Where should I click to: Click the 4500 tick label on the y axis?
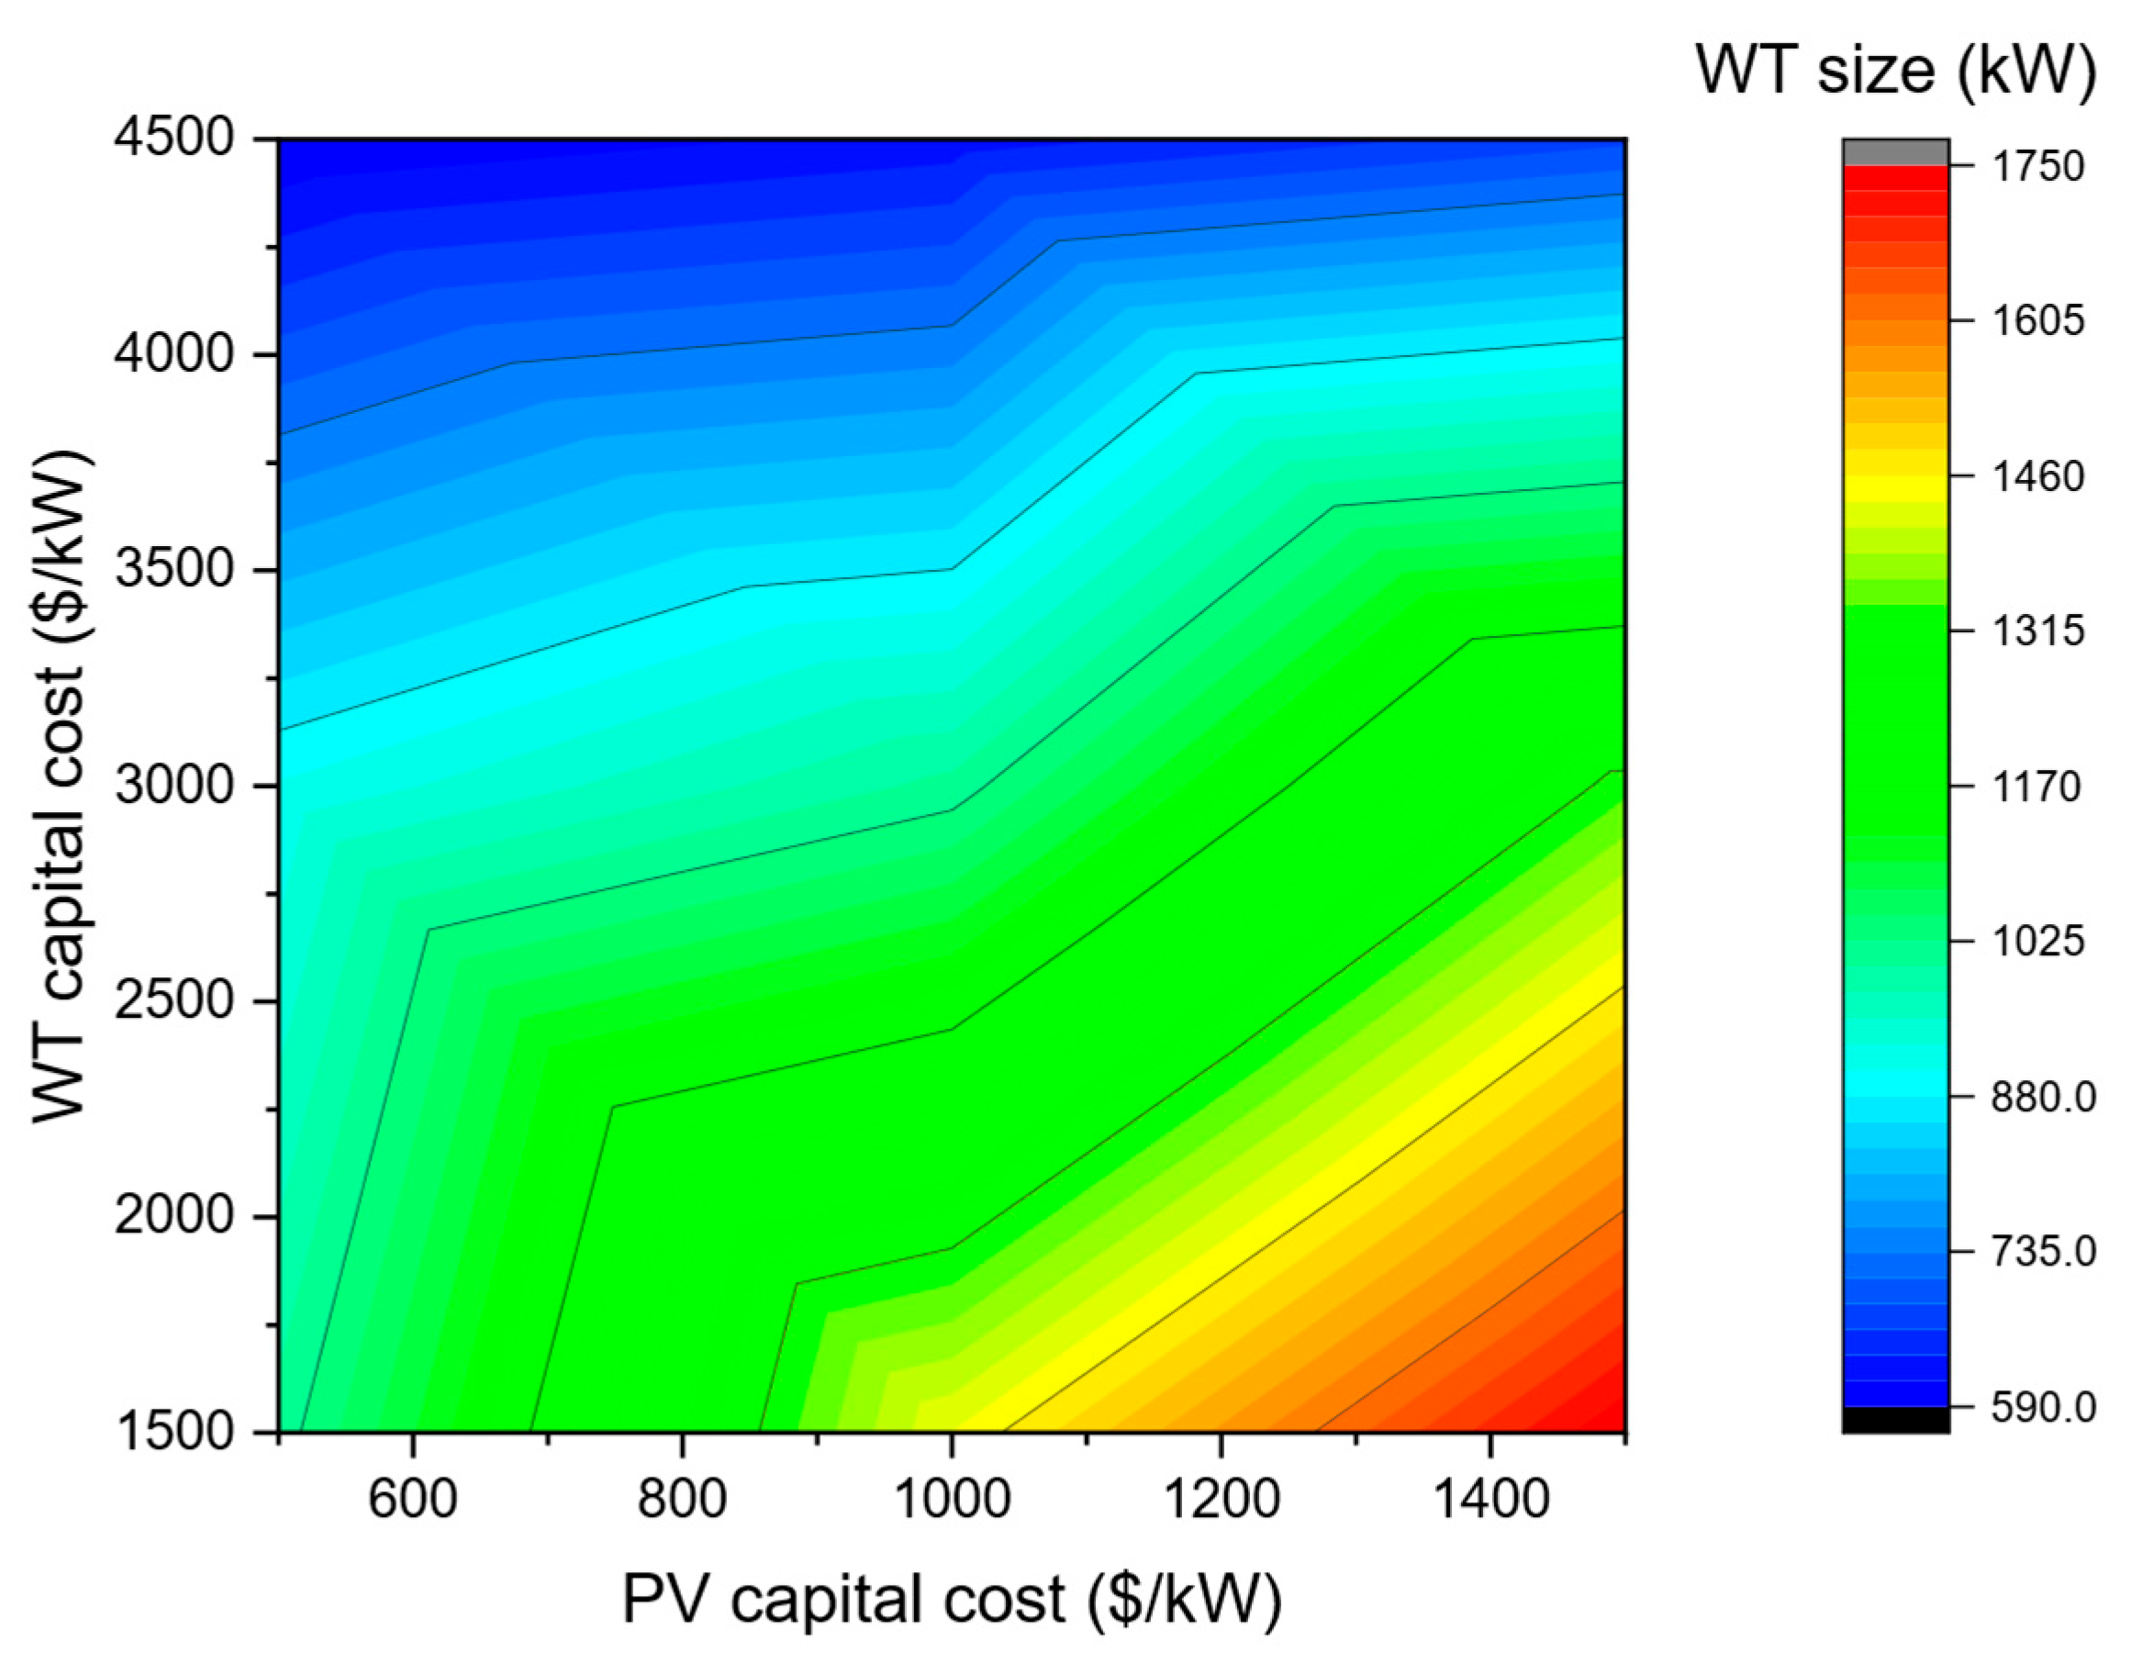coord(174,140)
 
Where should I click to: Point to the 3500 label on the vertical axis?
coord(174,571)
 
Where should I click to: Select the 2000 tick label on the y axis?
coord(174,1217)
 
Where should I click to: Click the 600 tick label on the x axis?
coord(413,1501)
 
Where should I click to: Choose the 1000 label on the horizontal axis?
coord(951,1501)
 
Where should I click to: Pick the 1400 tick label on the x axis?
coord(1489,1501)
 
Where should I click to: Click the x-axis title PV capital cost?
coord(952,1600)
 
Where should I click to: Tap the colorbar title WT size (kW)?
coord(1895,71)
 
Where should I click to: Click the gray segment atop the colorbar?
coord(1895,152)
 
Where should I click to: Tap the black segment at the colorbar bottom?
coord(1895,1420)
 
